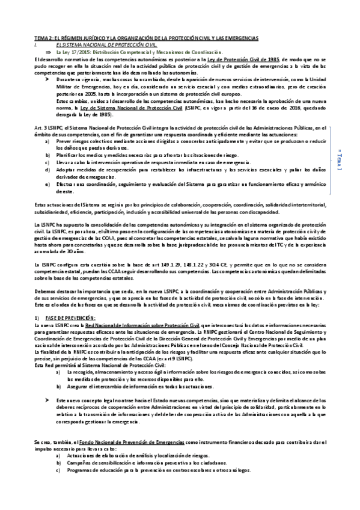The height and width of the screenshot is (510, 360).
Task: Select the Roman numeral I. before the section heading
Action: tap(37, 45)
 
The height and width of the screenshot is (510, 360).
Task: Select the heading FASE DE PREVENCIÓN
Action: tap(70, 318)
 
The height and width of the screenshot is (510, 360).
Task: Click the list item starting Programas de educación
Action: tap(162, 471)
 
